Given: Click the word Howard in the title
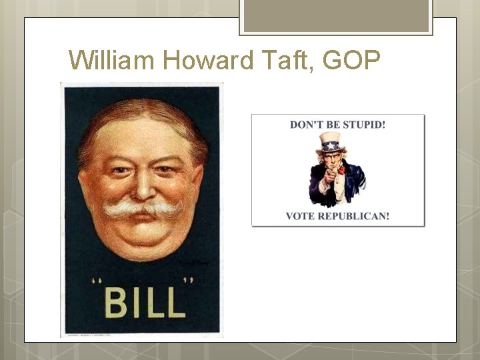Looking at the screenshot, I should (207, 61).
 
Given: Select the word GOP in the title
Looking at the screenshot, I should (352, 61).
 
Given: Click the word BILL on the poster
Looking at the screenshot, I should (144, 303).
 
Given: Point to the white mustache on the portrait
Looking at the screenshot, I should (142, 209).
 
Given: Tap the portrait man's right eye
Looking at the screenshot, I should (117, 171).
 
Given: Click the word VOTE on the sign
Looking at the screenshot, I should (298, 216).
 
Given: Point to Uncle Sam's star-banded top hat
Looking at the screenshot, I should (330, 142).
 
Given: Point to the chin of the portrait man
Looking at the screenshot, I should (142, 247).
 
